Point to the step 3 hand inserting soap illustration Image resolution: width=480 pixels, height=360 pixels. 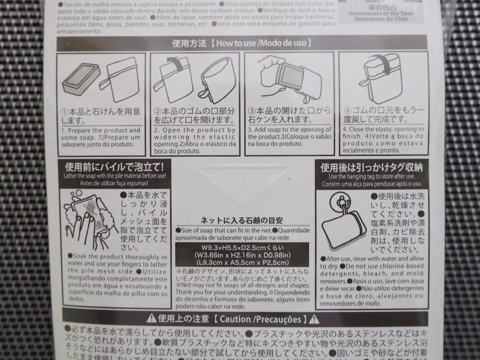click(x=287, y=76)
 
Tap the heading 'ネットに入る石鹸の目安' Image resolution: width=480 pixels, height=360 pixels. click(x=241, y=220)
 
